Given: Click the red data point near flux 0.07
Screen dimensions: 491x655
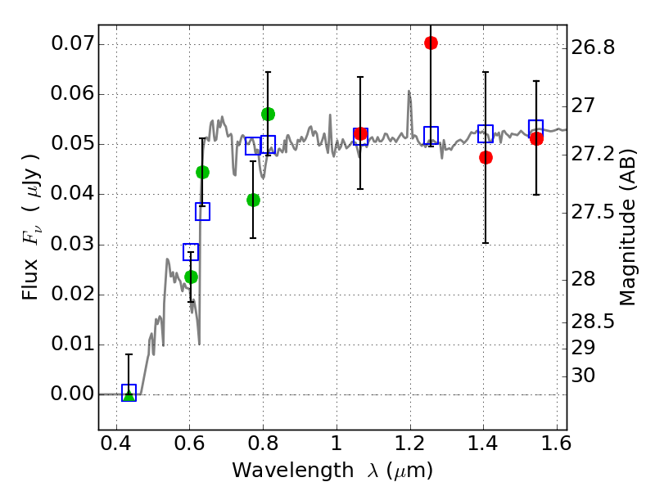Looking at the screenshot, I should pyautogui.click(x=431, y=43).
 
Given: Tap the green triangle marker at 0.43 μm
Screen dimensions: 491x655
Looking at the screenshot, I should pyautogui.click(x=129, y=395).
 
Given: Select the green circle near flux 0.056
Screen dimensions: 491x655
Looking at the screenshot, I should pyautogui.click(x=268, y=114).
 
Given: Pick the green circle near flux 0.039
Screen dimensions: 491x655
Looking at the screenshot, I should pyautogui.click(x=253, y=200).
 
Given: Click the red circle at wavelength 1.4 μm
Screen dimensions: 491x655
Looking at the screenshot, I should pyautogui.click(x=486, y=157).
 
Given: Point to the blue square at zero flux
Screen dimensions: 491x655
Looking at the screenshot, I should pyautogui.click(x=129, y=392).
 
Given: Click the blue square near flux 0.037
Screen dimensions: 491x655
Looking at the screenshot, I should pyautogui.click(x=202, y=211).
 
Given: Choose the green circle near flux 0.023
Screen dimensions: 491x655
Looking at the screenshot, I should pyautogui.click(x=191, y=277).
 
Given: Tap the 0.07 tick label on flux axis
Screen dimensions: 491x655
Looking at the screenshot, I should pyautogui.click(x=72, y=43).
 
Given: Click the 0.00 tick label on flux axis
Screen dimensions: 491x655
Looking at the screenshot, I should pyautogui.click(x=72, y=394).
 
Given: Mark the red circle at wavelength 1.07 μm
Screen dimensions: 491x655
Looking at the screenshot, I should pyautogui.click(x=360, y=134).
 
